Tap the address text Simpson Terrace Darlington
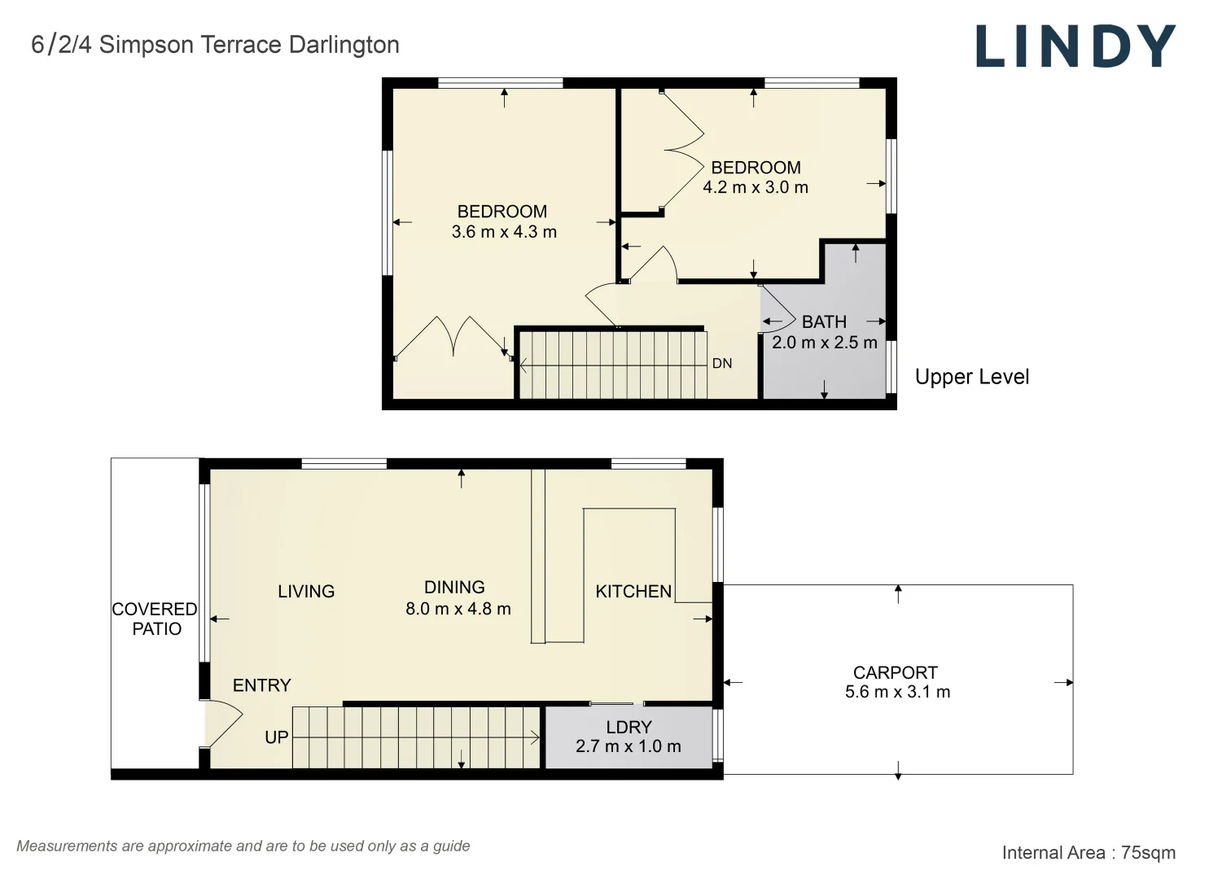pos(249,44)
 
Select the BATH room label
pos(824,322)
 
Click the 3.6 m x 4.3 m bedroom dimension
pos(504,232)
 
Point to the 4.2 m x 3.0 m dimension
pos(756,187)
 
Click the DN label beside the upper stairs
pos(722,364)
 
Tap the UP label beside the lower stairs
pos(276,737)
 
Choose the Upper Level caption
pos(972,377)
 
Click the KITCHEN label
pos(633,592)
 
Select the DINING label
pos(454,587)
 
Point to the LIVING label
pos(306,592)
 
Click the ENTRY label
pos(262,685)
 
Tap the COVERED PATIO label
pos(155,619)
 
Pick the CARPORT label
pos(896,672)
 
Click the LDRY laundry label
pos(629,728)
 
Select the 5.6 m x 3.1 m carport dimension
pos(897,692)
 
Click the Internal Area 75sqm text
pos(1089,853)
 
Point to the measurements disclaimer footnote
pos(243,846)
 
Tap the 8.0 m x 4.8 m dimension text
pos(458,610)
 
